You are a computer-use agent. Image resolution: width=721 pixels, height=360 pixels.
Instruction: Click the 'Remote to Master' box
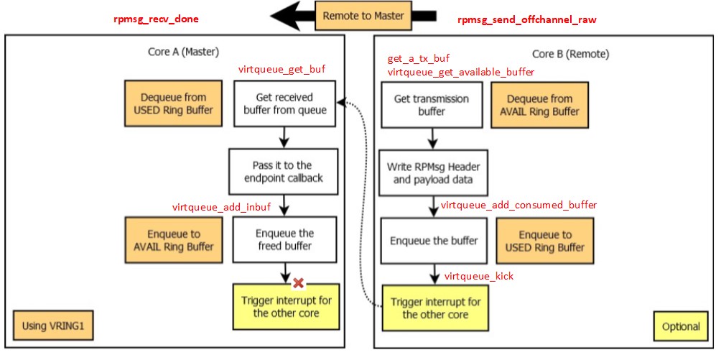[x=363, y=16]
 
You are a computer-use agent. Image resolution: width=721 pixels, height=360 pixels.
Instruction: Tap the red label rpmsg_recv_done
[x=157, y=19]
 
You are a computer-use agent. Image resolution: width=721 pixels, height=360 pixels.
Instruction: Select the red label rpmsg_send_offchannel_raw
[x=526, y=19]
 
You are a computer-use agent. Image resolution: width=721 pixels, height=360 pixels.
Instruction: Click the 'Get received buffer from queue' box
[x=284, y=103]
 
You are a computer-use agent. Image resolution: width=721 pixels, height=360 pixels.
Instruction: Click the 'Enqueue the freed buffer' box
[x=284, y=240]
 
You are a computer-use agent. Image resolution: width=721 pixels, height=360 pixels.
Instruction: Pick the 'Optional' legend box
[x=680, y=326]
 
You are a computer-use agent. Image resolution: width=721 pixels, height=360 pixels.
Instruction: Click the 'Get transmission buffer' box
[x=431, y=105]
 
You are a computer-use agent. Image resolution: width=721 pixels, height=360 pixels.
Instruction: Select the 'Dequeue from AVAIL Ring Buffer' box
[x=539, y=105]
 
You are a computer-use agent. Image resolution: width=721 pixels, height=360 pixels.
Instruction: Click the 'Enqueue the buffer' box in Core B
[x=433, y=241]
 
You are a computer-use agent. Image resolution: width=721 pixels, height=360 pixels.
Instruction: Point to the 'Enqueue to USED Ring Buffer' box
[x=545, y=241]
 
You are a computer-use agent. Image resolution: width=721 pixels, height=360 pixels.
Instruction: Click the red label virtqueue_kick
[x=479, y=276]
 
